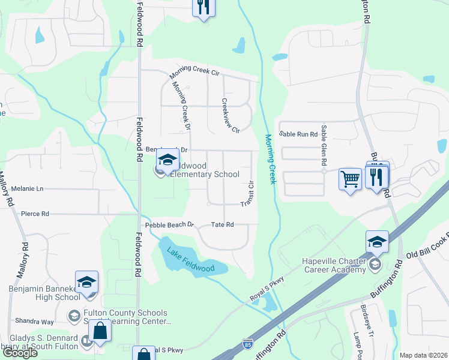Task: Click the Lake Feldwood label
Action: (191, 260)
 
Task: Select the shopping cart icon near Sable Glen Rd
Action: (350, 178)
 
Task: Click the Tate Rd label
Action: (222, 225)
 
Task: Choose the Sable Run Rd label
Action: (301, 134)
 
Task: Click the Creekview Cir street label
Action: (231, 116)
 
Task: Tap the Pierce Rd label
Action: (35, 214)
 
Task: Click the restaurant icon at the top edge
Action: (203, 7)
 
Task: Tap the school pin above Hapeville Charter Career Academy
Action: (376, 241)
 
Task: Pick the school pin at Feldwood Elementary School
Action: (167, 160)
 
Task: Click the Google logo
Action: (20, 353)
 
